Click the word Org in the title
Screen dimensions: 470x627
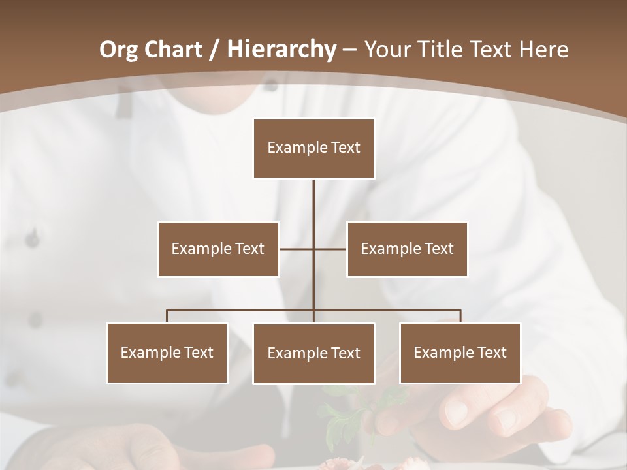point(118,50)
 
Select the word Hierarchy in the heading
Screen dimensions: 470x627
point(281,50)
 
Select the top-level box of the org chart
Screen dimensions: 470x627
point(313,148)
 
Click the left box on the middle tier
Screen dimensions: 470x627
point(218,249)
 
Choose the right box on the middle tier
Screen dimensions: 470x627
point(407,249)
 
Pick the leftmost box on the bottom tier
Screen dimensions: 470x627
point(167,352)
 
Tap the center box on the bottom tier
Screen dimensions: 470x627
point(313,353)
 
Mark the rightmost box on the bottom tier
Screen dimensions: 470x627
point(460,352)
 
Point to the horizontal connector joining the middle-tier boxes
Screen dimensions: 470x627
point(297,249)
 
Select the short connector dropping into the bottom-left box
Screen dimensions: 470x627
point(167,316)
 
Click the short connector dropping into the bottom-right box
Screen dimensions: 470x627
point(460,316)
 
